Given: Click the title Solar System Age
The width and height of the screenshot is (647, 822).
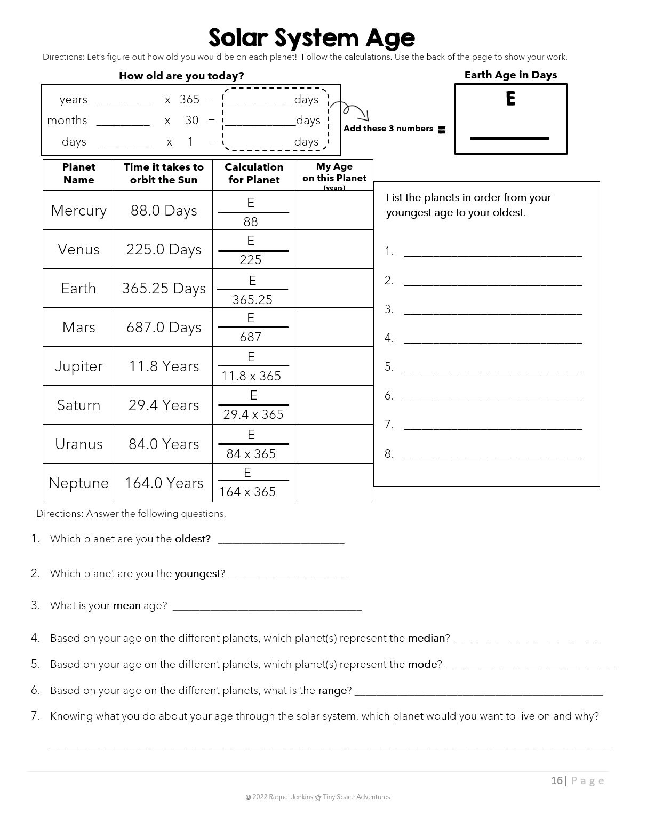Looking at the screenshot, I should [x=311, y=38].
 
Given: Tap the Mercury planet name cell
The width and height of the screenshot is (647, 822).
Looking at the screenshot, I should [x=79, y=211].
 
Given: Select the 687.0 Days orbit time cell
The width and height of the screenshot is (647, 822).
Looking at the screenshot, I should [x=164, y=328].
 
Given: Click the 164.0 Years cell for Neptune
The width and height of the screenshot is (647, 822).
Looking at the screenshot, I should [x=164, y=483].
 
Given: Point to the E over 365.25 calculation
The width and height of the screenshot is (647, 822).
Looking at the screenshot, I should [x=252, y=290].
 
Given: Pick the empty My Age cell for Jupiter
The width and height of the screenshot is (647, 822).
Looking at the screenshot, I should [x=334, y=366].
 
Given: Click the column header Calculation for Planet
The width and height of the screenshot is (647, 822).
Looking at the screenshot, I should [x=254, y=174].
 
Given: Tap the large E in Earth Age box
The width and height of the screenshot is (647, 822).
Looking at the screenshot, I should [x=510, y=99].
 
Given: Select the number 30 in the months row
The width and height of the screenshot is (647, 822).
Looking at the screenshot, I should [x=192, y=121].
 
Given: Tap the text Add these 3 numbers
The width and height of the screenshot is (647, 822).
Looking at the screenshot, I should [x=388, y=129].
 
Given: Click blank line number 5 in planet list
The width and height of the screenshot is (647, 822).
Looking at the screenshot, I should [x=492, y=370].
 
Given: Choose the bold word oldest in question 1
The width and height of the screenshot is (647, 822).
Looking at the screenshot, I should [x=193, y=539].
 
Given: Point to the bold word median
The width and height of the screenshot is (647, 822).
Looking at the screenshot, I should [x=426, y=639].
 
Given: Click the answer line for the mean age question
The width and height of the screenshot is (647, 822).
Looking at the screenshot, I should [x=267, y=609].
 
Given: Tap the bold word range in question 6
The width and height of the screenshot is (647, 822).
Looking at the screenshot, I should [x=332, y=691].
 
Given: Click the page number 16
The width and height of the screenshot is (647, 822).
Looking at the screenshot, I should [x=556, y=781].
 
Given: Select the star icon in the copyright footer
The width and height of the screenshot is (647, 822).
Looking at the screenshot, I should [x=318, y=797].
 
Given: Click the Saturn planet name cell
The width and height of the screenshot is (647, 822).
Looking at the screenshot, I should [x=79, y=405].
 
